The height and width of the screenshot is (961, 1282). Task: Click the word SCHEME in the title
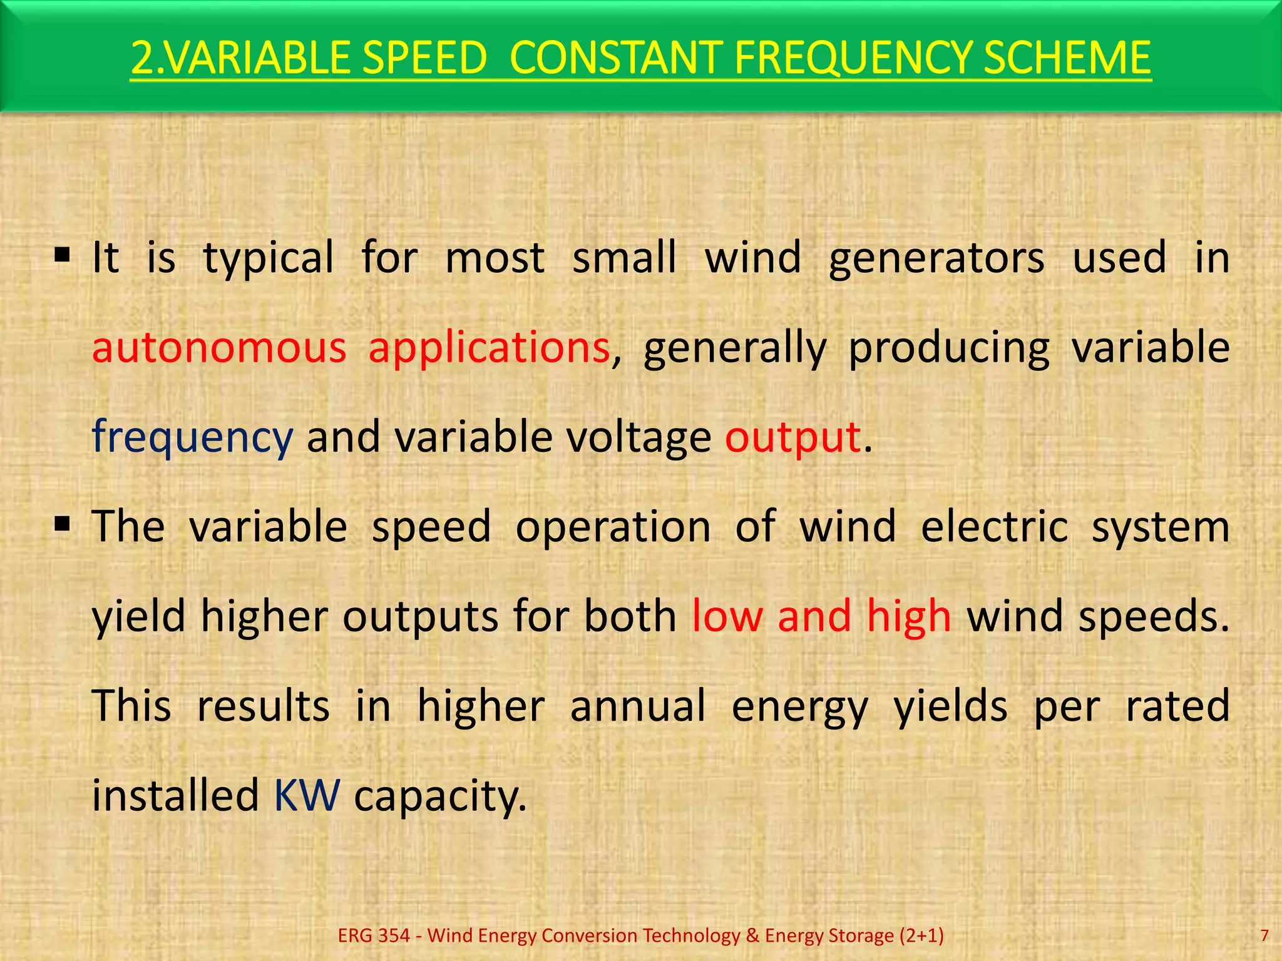[1067, 58]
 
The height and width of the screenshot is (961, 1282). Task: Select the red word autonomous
[219, 348]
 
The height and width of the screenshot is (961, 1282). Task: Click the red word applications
[489, 348]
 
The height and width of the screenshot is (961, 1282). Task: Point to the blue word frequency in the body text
[192, 437]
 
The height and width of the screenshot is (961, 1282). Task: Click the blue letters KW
[307, 795]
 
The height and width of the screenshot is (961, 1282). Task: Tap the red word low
[727, 616]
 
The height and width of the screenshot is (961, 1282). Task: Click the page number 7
[1264, 935]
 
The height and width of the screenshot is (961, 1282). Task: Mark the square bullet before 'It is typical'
[62, 255]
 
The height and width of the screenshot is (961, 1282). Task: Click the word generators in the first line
[936, 258]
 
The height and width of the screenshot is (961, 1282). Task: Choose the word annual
[638, 706]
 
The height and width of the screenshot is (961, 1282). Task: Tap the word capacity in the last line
[440, 796]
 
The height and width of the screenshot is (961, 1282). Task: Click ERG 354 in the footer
[374, 935]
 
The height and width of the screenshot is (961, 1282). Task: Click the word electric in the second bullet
[994, 527]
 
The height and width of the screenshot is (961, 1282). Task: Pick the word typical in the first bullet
[269, 258]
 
